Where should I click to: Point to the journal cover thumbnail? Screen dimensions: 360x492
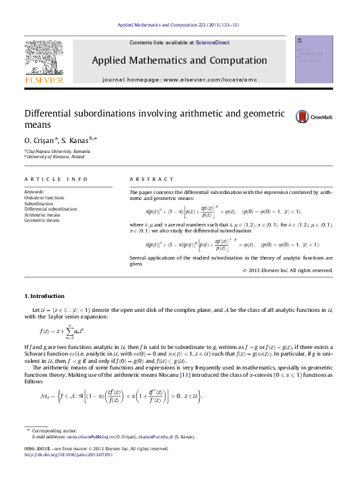pyautogui.click(x=314, y=64)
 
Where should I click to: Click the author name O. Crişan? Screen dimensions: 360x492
pyautogui.click(x=40, y=140)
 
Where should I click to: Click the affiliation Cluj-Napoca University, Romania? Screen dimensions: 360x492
pyautogui.click(x=54, y=151)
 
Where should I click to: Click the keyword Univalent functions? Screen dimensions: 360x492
pyautogui.click(x=44, y=197)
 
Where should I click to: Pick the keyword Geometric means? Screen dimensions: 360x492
pyautogui.click(x=42, y=220)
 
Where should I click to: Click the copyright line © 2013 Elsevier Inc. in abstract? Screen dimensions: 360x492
pyautogui.click(x=287, y=270)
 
